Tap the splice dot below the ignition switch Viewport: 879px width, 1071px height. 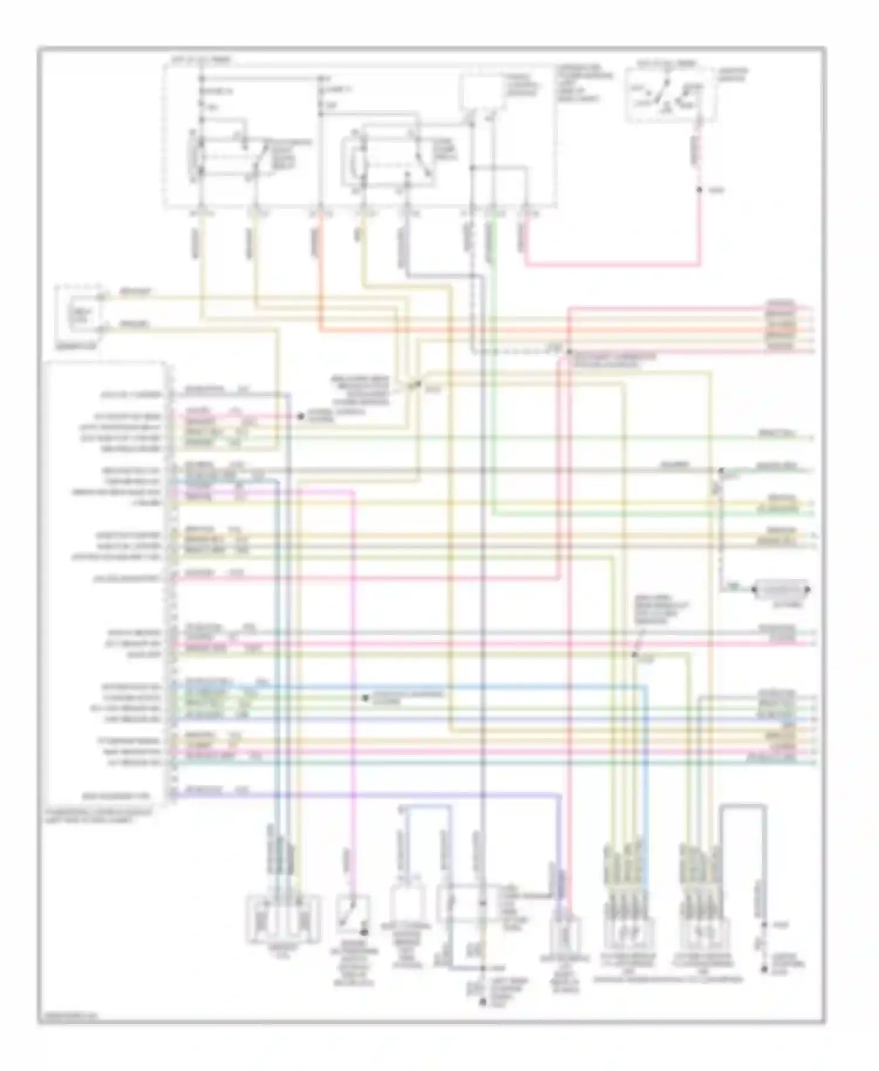click(x=699, y=190)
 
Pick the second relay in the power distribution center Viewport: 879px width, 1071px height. click(x=390, y=156)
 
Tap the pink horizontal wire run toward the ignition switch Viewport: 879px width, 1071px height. click(x=609, y=265)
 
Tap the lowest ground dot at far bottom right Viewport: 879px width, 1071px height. click(x=764, y=970)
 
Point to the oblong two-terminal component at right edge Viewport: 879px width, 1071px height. click(x=782, y=588)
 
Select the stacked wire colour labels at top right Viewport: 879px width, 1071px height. click(x=782, y=326)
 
